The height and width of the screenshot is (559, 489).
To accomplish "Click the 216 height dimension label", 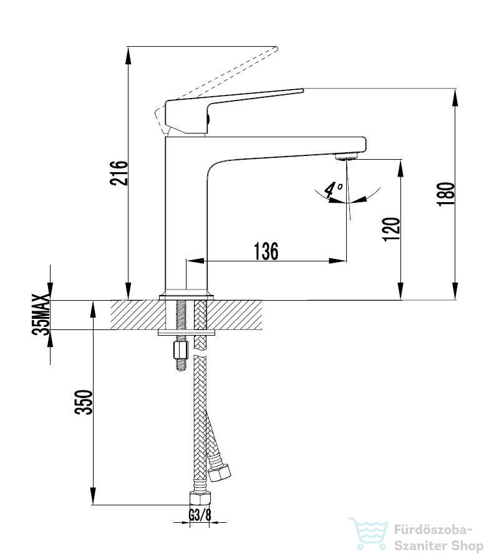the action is coord(119,173).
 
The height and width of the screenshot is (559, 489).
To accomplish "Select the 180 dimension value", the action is coord(445,193).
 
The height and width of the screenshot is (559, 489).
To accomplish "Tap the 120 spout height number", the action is coord(391,229).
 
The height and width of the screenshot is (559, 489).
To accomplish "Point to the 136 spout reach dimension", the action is coord(266,251).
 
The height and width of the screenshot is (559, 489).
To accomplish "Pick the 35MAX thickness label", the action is coord(41,314).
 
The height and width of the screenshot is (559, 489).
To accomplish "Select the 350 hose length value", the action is coord(84,402).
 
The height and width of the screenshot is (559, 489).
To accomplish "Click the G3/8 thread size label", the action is coord(200,515).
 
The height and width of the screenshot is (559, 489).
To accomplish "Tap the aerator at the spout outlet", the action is coord(346,156).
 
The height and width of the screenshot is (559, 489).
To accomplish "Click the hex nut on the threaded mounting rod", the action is coord(181,350).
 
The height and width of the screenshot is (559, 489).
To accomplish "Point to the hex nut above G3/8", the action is coord(200,498).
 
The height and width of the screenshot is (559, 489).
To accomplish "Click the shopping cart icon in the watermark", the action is coord(369,533).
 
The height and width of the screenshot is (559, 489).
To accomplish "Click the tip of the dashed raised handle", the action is coord(276,49).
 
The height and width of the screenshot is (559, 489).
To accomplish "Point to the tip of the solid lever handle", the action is coord(303,90).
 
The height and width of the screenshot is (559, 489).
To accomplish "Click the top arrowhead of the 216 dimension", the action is coord(128,56).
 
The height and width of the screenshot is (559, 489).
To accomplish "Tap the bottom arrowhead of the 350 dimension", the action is coord(93,496).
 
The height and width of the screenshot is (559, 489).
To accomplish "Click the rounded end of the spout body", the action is coord(364,144).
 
